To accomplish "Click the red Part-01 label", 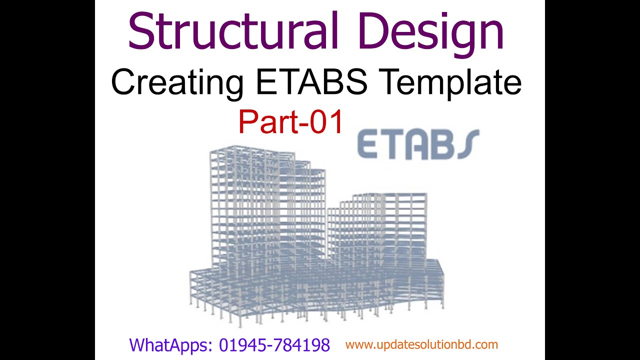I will point(291,122).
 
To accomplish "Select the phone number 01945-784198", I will point(274,345).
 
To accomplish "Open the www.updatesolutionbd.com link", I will point(421,344).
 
